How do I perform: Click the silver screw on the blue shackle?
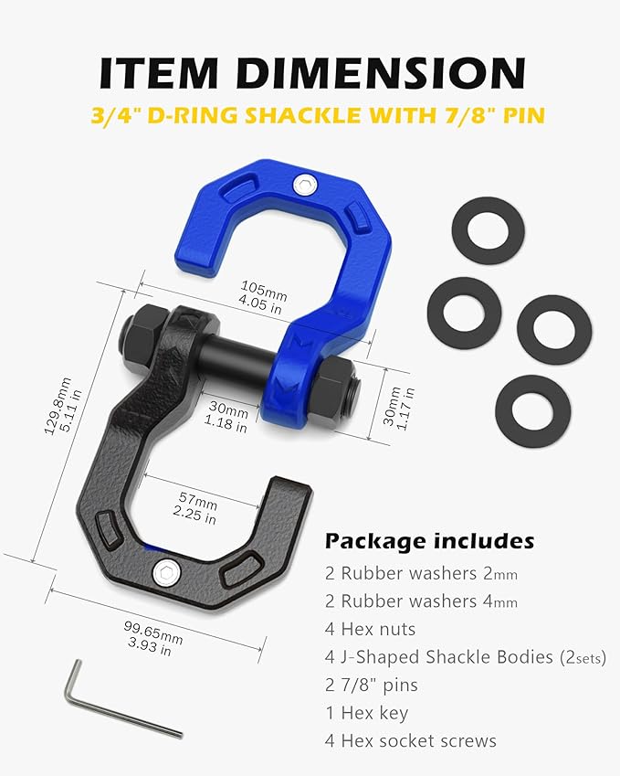(x=302, y=184)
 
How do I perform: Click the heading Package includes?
(x=429, y=540)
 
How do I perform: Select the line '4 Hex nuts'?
(x=370, y=629)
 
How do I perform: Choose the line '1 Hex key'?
(x=365, y=712)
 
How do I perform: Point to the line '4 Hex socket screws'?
(x=410, y=739)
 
